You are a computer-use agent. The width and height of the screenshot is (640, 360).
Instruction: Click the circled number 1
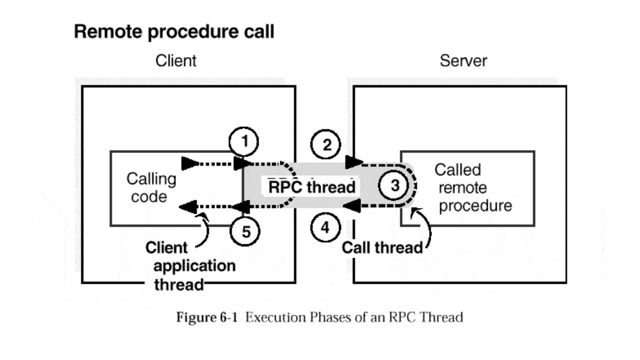(244, 141)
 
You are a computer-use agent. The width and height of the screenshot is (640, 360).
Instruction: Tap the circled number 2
(325, 145)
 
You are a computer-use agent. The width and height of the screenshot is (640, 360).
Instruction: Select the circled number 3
(394, 185)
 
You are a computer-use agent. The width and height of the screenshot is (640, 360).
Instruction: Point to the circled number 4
(325, 227)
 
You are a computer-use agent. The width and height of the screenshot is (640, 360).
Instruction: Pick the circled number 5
(245, 232)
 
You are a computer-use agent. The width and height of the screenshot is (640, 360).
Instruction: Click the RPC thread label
(312, 187)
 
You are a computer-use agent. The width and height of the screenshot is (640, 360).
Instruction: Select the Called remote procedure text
(473, 188)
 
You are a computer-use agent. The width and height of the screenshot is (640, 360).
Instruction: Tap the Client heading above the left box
(176, 61)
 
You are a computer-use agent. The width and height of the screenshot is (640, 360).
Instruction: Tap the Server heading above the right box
(463, 61)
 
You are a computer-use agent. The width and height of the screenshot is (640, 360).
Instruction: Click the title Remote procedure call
(174, 32)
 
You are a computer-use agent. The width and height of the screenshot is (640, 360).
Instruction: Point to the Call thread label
(382, 248)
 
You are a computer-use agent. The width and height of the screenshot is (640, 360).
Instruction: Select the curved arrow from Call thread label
(426, 227)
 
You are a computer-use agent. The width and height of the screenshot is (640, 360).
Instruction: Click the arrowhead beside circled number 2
(353, 162)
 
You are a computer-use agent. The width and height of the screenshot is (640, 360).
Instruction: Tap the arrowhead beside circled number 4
(352, 205)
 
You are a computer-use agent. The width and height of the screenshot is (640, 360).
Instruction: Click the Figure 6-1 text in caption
(207, 317)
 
